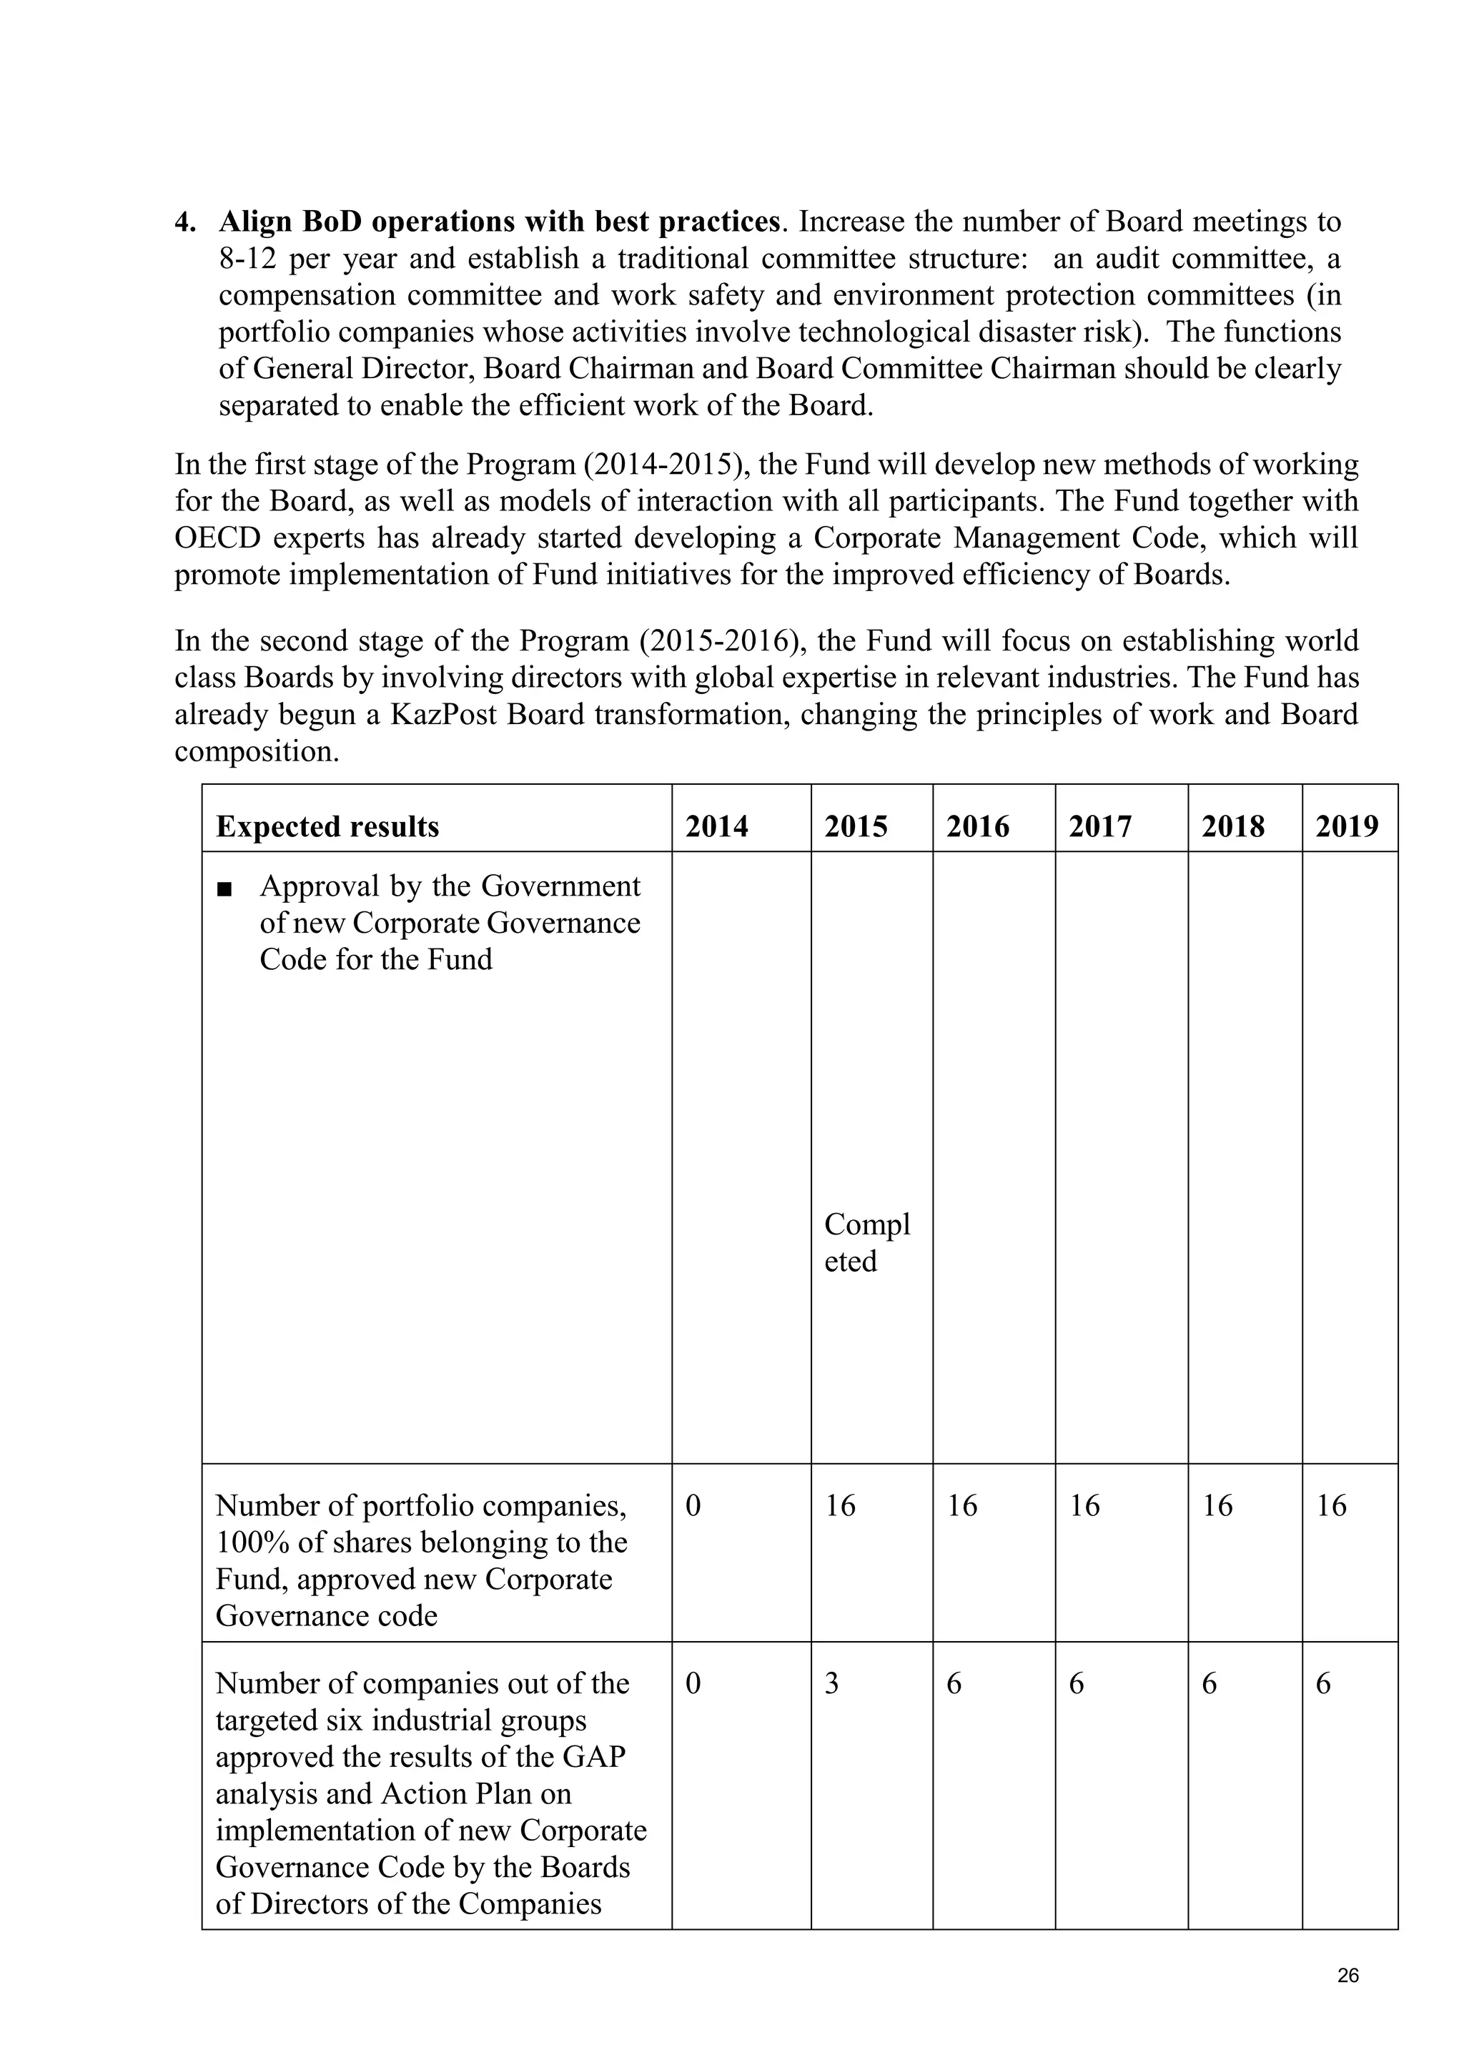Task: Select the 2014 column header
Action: coord(717,827)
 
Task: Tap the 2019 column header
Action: coord(1346,827)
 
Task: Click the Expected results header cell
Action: coord(327,827)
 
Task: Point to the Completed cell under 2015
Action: coord(866,1242)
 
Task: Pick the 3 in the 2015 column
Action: coord(831,1683)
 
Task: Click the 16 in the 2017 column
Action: coord(1084,1505)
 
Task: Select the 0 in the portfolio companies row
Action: coord(693,1505)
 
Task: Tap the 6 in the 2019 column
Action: coord(1322,1683)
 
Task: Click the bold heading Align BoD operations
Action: coord(498,222)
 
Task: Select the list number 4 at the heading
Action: coord(185,222)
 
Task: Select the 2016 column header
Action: coord(977,827)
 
